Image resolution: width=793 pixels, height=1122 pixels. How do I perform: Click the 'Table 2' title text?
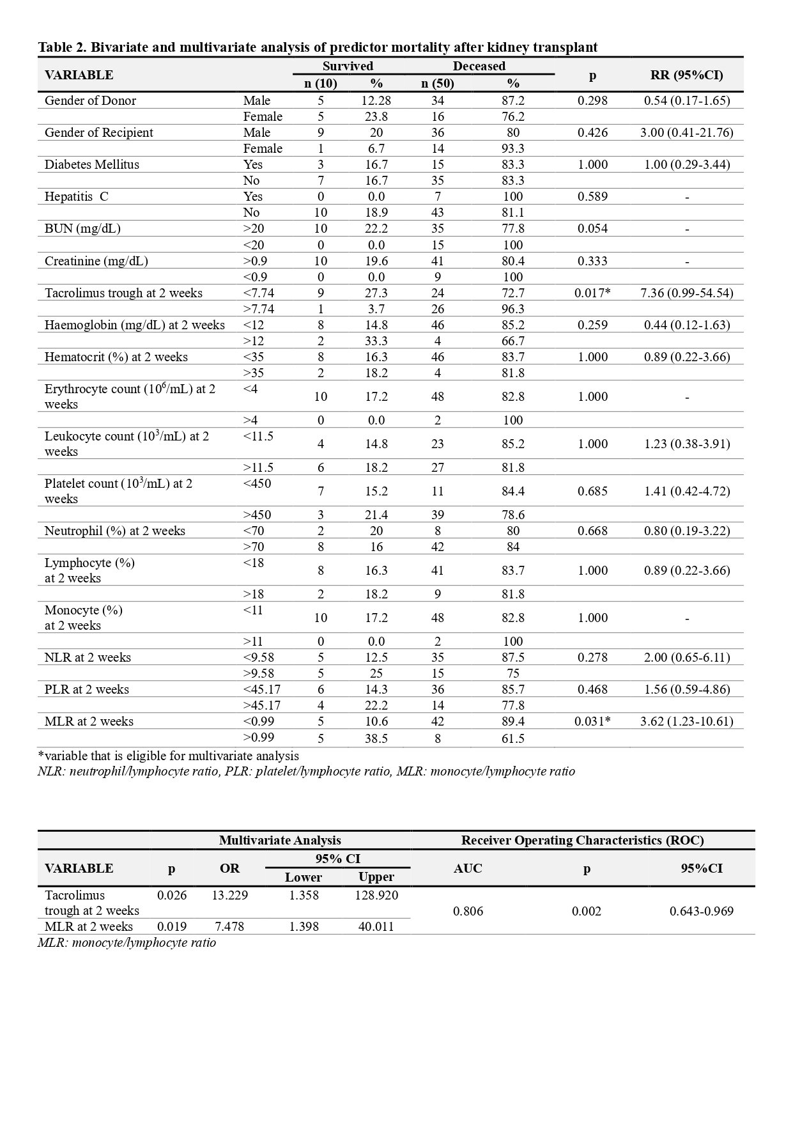[318, 47]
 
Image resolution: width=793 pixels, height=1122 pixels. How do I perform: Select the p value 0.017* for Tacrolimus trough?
[592, 293]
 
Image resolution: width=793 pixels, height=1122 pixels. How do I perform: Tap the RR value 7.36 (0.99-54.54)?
[686, 293]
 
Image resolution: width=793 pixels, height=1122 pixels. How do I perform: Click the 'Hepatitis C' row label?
[77, 196]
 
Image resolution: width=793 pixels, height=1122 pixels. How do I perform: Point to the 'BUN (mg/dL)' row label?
[82, 228]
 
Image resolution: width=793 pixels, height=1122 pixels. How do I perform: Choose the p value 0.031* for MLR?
[592, 721]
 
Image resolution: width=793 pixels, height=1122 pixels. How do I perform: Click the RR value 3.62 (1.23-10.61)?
[686, 721]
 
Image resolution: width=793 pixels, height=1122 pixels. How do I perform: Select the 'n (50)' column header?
[438, 83]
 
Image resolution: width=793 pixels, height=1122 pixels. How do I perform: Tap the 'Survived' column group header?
[348, 66]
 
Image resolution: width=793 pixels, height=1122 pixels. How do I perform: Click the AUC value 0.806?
[468, 911]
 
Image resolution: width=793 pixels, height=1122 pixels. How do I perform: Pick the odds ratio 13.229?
[229, 895]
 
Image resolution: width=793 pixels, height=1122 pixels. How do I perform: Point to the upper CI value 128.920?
[376, 895]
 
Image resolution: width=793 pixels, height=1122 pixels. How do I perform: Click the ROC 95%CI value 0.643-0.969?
[702, 911]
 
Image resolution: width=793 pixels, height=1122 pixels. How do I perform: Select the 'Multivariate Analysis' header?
[280, 840]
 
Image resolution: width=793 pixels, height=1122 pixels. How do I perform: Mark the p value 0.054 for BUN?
[592, 228]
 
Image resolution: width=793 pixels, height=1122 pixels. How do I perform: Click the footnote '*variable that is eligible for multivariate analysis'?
[168, 756]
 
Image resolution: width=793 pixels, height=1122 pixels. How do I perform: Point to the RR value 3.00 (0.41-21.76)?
[686, 132]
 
